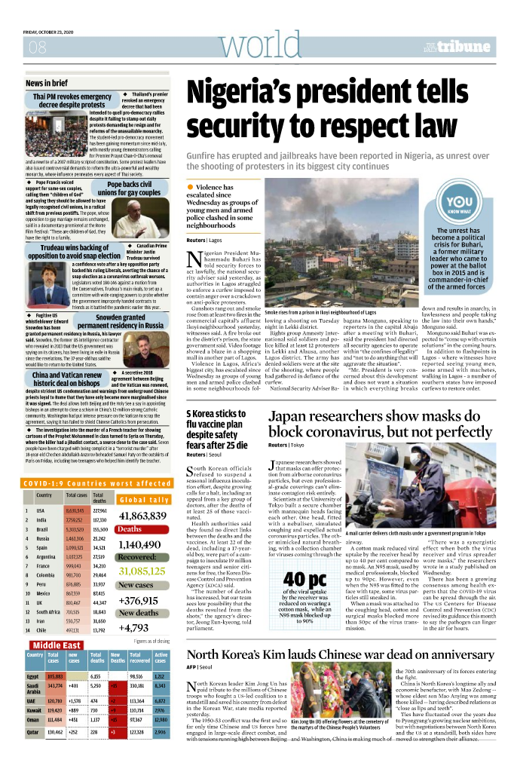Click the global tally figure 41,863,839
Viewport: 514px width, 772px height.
[142, 516]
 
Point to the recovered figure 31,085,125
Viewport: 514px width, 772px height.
[142, 571]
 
